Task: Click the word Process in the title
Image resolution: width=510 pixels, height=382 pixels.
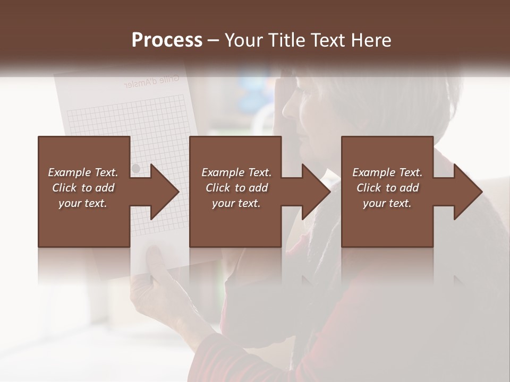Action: [167, 40]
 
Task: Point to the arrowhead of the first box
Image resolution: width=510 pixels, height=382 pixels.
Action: [165, 192]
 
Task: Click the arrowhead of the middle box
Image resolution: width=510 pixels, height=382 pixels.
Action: [317, 192]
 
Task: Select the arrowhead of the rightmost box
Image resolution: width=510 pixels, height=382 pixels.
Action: [468, 192]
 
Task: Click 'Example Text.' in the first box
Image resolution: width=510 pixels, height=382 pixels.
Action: [83, 172]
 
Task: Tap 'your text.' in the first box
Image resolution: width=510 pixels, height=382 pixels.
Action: [83, 203]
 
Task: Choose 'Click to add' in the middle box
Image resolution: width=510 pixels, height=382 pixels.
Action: [236, 188]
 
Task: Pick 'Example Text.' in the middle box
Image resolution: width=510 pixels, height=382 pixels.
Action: [236, 172]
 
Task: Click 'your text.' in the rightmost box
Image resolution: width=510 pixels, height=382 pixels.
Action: [387, 203]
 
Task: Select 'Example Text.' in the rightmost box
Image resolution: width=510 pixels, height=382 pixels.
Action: [387, 172]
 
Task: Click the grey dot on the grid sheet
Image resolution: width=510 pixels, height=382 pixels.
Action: [135, 168]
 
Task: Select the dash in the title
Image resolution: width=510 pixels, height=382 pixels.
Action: [214, 41]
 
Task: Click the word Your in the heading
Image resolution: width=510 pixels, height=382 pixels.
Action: [243, 40]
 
